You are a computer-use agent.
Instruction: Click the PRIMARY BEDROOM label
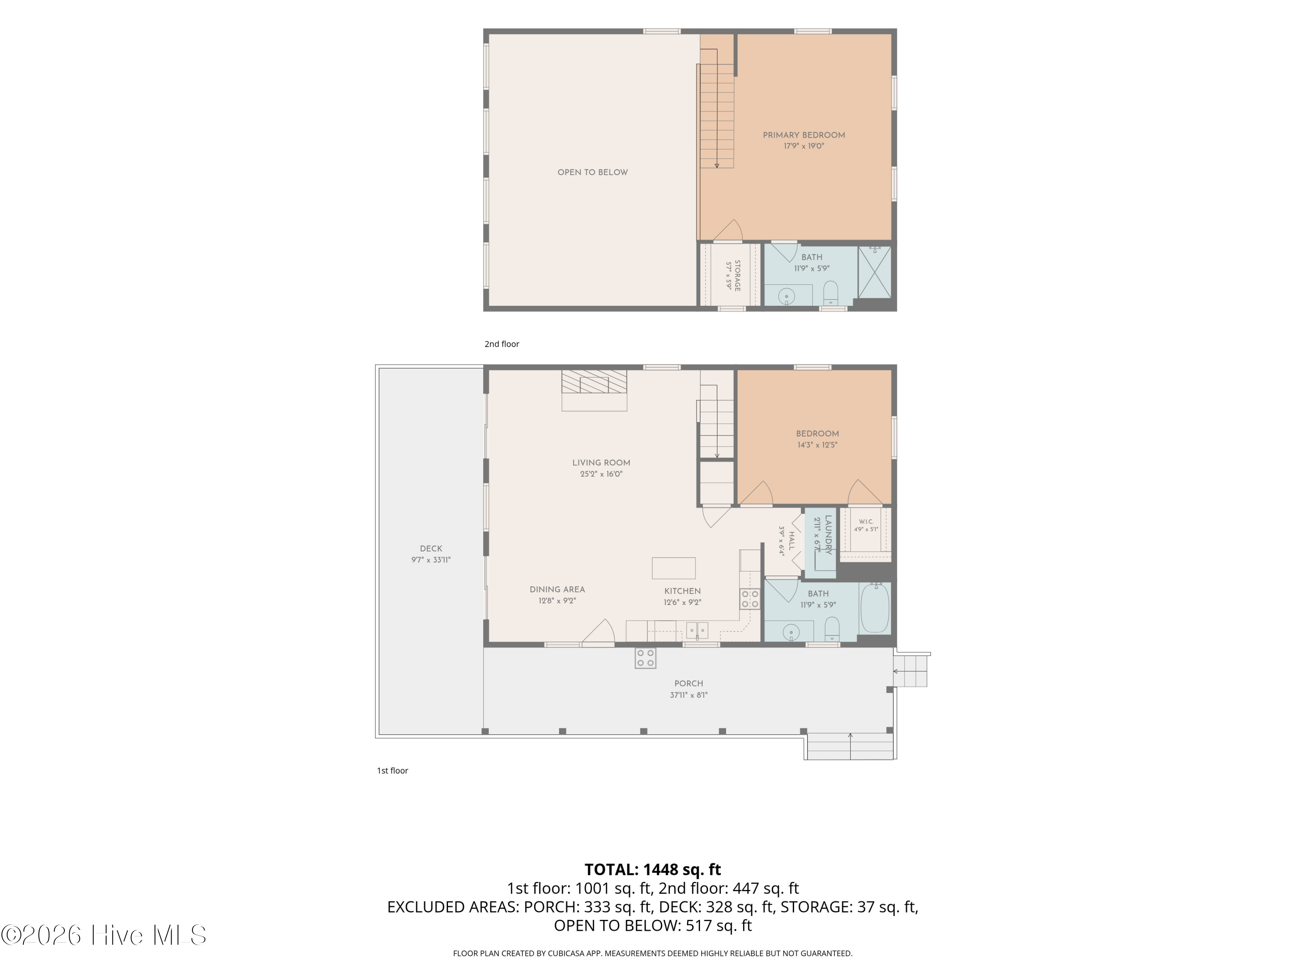click(x=804, y=135)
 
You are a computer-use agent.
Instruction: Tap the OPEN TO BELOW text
click(x=593, y=172)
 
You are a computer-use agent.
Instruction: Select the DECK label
click(x=431, y=549)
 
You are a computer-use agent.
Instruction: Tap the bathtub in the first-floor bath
click(x=875, y=608)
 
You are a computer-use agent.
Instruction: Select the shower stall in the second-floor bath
click(x=875, y=272)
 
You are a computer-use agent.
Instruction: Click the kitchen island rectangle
click(x=673, y=568)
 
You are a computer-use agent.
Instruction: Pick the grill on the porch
click(x=645, y=658)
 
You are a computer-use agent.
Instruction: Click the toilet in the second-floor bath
click(x=831, y=292)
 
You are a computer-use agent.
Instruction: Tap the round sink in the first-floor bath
click(x=791, y=633)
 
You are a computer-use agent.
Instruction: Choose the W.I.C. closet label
click(x=866, y=522)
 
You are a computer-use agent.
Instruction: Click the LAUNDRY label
click(x=828, y=534)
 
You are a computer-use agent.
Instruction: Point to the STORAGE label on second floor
click(x=737, y=275)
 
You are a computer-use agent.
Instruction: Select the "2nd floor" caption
click(x=502, y=344)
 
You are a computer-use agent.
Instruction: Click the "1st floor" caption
click(x=393, y=770)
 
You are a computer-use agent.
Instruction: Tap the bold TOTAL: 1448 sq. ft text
click(x=653, y=869)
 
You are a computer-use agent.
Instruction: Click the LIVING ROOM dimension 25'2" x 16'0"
click(x=601, y=474)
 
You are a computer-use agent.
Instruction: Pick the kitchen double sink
click(x=697, y=631)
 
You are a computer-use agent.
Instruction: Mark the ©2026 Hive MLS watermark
click(x=104, y=935)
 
